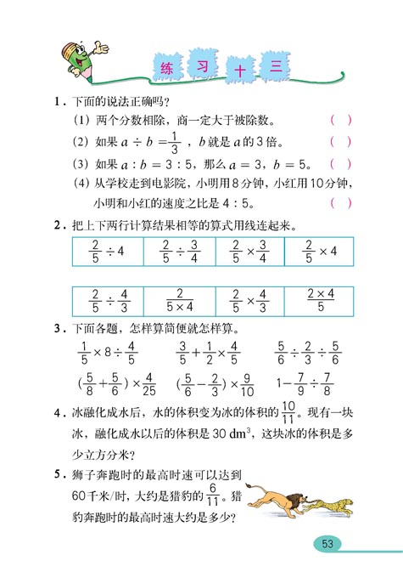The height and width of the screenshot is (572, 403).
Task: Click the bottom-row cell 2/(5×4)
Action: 178,300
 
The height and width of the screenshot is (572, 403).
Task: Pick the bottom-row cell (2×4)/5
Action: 318,300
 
